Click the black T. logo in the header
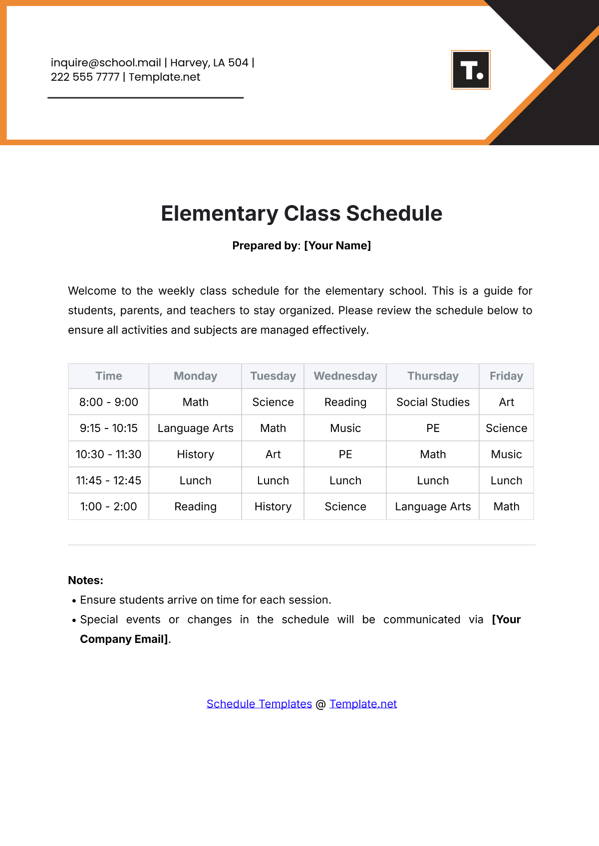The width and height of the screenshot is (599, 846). (x=471, y=70)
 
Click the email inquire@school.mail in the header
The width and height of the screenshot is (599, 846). (x=106, y=63)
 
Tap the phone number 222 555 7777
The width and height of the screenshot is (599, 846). (x=85, y=77)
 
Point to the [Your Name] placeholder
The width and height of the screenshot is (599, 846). (x=337, y=245)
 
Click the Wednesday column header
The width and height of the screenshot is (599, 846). (x=345, y=376)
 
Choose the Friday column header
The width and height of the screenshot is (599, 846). (x=506, y=376)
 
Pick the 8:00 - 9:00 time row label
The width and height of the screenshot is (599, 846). (x=109, y=402)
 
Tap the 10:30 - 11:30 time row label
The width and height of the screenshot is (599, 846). (x=109, y=454)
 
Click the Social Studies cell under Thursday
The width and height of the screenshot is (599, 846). (x=433, y=402)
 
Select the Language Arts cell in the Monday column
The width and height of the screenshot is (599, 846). (x=195, y=428)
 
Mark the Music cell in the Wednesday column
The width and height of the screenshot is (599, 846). (x=345, y=428)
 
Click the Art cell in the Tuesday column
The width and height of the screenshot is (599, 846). (x=273, y=454)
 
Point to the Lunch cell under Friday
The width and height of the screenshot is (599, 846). (x=506, y=480)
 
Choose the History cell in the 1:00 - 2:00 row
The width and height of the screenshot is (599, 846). (x=273, y=507)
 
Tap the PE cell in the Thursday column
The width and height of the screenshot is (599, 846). (x=433, y=428)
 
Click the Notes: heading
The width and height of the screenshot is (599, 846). (x=86, y=580)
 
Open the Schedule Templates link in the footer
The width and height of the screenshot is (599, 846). (x=259, y=704)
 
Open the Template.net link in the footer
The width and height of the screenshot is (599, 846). (x=363, y=704)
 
